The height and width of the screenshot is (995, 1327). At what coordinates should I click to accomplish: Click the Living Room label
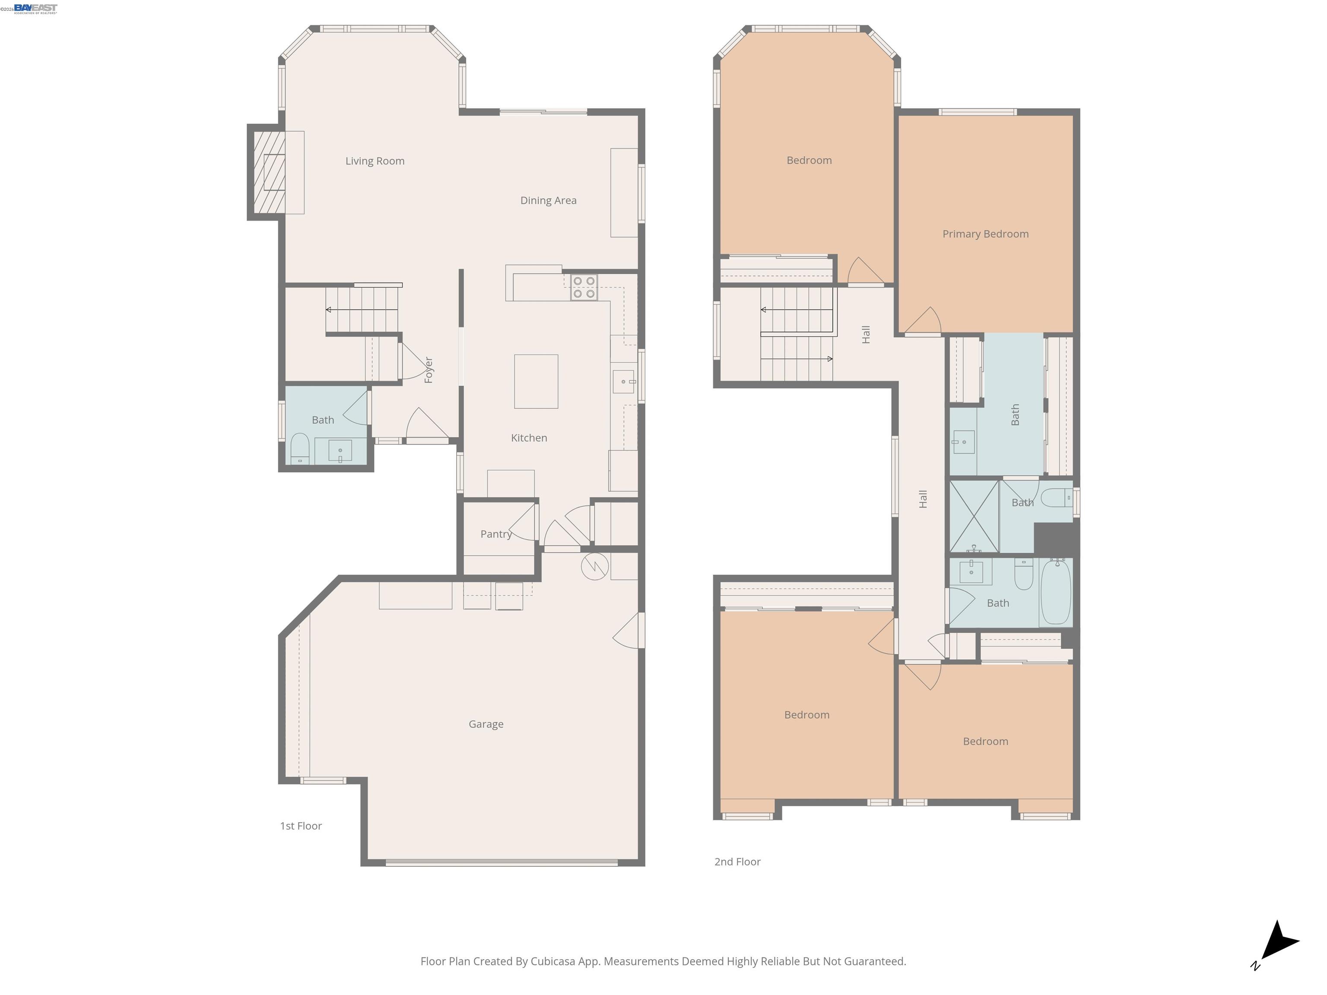click(x=375, y=161)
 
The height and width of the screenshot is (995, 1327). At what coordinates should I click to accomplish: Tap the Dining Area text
click(x=548, y=200)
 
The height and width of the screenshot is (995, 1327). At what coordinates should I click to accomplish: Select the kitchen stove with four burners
click(x=584, y=287)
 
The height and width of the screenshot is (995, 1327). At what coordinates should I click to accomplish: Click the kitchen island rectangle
click(x=536, y=381)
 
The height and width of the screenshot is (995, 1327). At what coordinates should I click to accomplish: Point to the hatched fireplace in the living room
click(x=269, y=172)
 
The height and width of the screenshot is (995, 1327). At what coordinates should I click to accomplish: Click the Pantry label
click(x=495, y=534)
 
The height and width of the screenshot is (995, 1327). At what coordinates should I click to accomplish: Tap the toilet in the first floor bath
click(x=299, y=449)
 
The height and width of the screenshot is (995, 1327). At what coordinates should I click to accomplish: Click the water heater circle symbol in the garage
click(x=594, y=566)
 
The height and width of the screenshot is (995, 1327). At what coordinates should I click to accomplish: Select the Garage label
click(x=486, y=724)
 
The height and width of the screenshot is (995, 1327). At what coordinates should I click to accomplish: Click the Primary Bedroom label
click(x=985, y=234)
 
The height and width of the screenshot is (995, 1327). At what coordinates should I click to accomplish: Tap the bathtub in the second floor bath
click(x=1056, y=593)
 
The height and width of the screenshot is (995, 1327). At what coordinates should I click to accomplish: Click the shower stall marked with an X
click(x=974, y=516)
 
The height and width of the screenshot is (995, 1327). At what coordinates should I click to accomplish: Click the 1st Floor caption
click(x=301, y=826)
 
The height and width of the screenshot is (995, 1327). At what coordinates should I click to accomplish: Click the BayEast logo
click(x=35, y=8)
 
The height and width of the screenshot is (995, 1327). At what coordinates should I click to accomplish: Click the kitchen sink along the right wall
click(x=623, y=381)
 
